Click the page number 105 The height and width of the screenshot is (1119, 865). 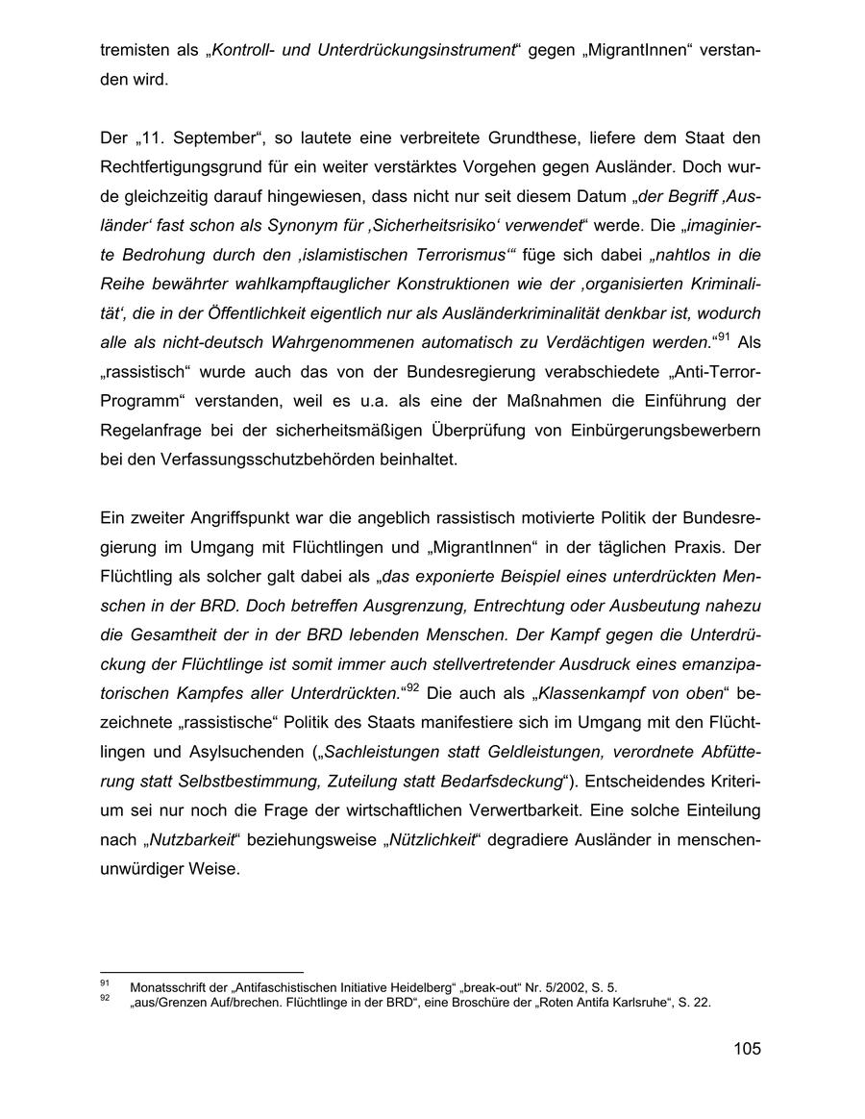(x=746, y=1049)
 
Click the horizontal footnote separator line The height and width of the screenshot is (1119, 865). (x=201, y=973)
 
